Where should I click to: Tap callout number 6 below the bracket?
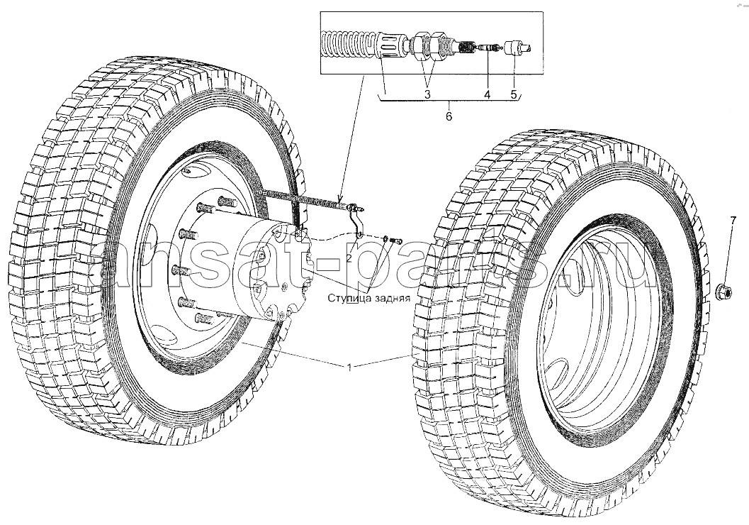[449, 116]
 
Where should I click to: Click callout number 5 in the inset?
[514, 94]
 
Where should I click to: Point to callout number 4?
[487, 94]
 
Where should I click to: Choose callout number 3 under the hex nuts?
[427, 94]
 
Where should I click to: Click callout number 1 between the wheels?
[349, 367]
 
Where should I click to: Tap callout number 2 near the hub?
[349, 258]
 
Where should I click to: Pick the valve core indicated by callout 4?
[488, 48]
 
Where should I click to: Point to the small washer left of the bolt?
[386, 238]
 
